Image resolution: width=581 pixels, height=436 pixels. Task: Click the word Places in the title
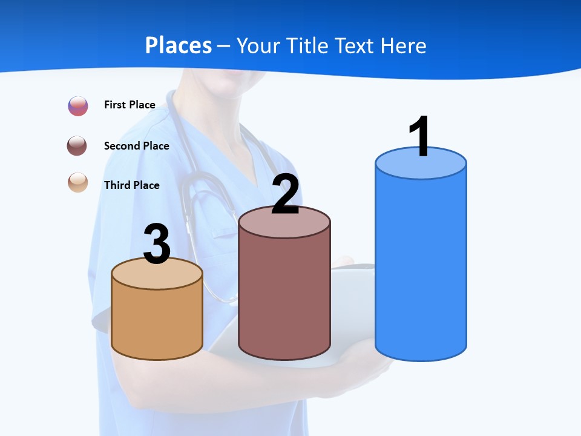(x=179, y=45)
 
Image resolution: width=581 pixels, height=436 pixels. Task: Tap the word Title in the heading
(x=306, y=45)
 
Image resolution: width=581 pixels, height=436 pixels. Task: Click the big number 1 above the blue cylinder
(x=420, y=137)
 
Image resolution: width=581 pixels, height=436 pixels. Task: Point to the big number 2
(x=285, y=194)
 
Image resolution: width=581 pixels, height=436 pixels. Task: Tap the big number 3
(x=157, y=245)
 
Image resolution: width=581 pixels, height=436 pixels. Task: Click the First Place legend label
(x=130, y=105)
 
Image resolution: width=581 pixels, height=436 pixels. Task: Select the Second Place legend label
(x=136, y=146)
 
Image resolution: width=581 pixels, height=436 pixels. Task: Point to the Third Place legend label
(x=131, y=185)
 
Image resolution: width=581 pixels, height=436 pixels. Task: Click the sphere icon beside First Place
(x=78, y=106)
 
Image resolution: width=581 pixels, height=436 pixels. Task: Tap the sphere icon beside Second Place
(x=78, y=146)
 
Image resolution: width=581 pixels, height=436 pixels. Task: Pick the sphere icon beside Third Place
(x=78, y=182)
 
